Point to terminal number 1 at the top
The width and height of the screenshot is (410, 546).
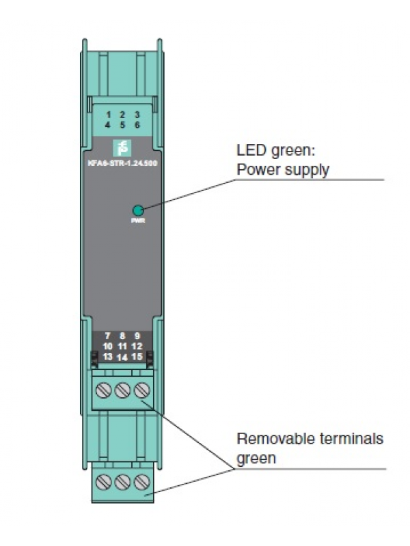point(108,115)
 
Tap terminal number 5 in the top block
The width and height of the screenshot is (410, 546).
point(122,126)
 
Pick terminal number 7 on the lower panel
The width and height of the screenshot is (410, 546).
point(108,336)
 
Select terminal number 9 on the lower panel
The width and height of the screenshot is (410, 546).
point(137,336)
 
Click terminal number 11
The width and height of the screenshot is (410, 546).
point(122,346)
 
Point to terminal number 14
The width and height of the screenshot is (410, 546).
point(122,357)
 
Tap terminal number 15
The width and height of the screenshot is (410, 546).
point(137,356)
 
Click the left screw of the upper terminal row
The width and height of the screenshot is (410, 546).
point(106,391)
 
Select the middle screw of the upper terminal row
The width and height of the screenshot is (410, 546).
point(123,391)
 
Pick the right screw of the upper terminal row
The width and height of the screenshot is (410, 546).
point(140,391)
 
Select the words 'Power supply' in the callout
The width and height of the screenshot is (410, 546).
point(282,169)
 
